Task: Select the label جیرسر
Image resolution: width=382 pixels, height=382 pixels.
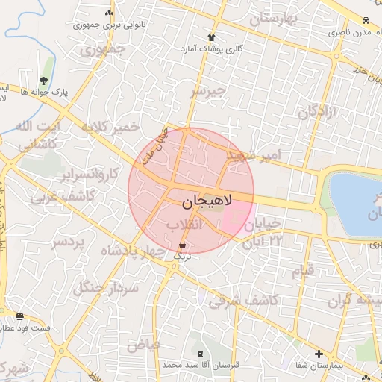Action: point(207,91)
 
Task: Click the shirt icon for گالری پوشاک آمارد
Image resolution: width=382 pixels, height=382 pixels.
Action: point(212,37)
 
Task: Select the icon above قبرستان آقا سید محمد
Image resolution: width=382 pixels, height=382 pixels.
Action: point(199,353)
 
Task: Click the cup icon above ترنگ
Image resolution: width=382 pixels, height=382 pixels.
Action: point(183,244)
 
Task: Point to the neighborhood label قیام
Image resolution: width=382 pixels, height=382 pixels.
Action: point(302,271)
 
